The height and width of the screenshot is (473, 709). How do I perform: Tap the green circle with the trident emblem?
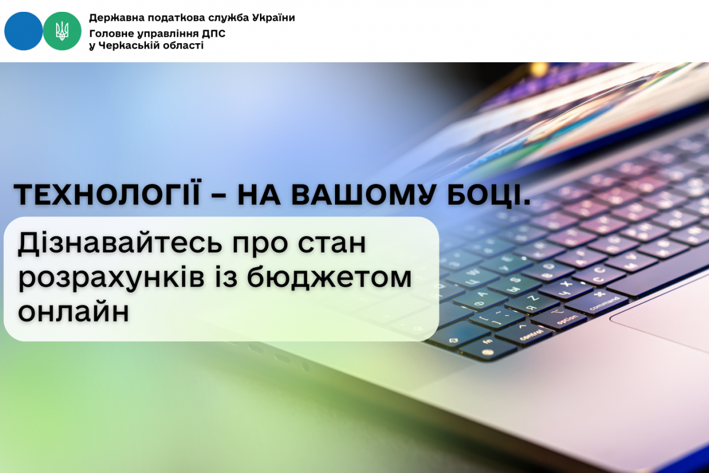pos(62,31)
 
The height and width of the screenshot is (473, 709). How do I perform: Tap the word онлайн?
pos(74,311)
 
